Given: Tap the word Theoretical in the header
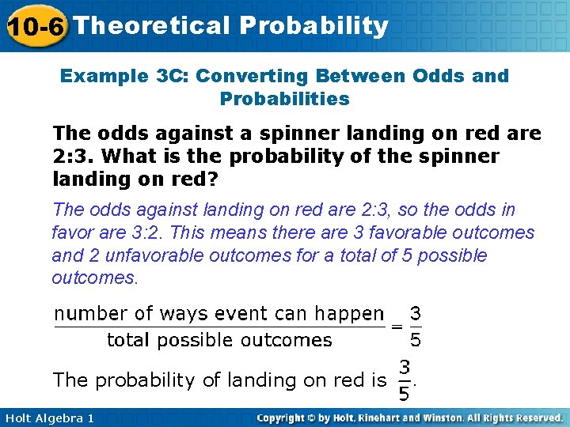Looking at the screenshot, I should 150,25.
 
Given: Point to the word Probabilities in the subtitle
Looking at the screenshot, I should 284,99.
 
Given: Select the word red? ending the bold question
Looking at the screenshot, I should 187,179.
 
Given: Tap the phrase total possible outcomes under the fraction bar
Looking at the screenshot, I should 219,340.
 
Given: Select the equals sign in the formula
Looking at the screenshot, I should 396,327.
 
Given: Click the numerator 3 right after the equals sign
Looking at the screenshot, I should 415,313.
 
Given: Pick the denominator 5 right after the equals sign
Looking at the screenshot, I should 415,340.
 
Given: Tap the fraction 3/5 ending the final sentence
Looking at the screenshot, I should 405,380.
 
